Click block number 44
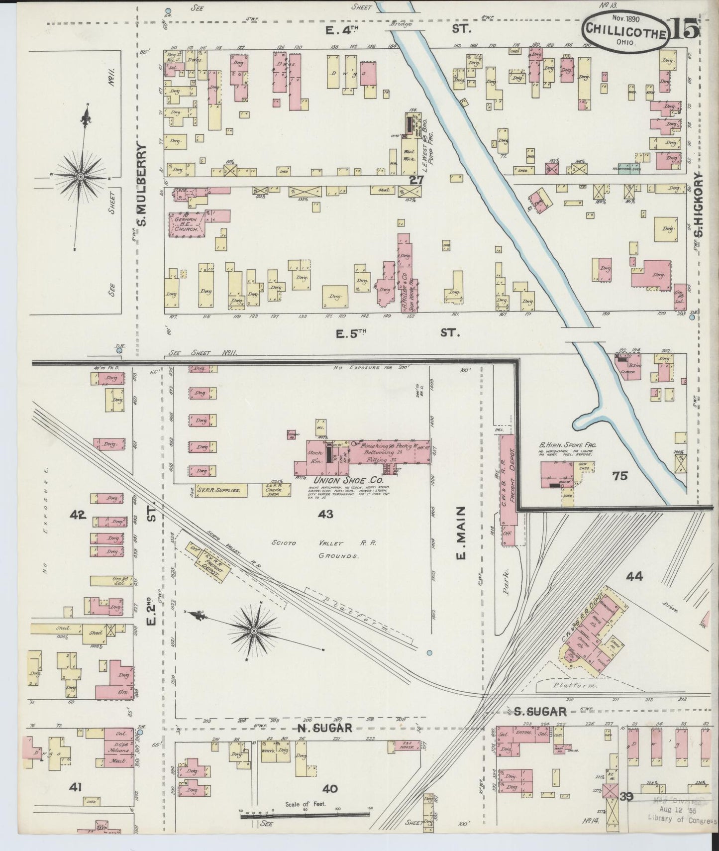tap(634, 576)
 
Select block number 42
tap(79, 514)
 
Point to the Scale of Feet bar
tap(306, 816)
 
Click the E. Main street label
tap(461, 532)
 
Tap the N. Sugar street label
tap(324, 728)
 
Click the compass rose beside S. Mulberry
tap(80, 176)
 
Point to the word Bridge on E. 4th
tap(399, 23)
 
